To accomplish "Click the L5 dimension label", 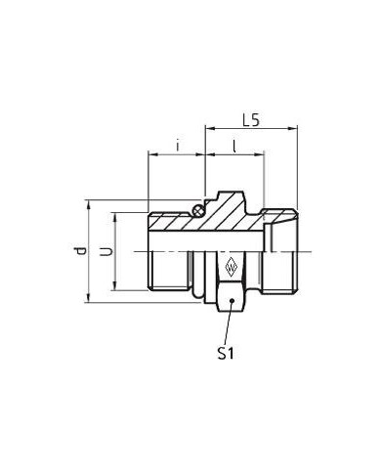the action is point(251,120).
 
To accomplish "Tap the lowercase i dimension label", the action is point(178,146).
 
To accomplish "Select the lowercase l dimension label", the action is point(234,146).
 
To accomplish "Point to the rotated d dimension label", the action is point(80,251).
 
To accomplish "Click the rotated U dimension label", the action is point(106,251).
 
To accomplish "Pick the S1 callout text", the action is point(226,354).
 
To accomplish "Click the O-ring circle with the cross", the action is point(198,211).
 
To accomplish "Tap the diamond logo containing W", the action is point(231,267).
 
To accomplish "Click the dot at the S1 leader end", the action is point(232,300).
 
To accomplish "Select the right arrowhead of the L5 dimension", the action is point(293,129).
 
